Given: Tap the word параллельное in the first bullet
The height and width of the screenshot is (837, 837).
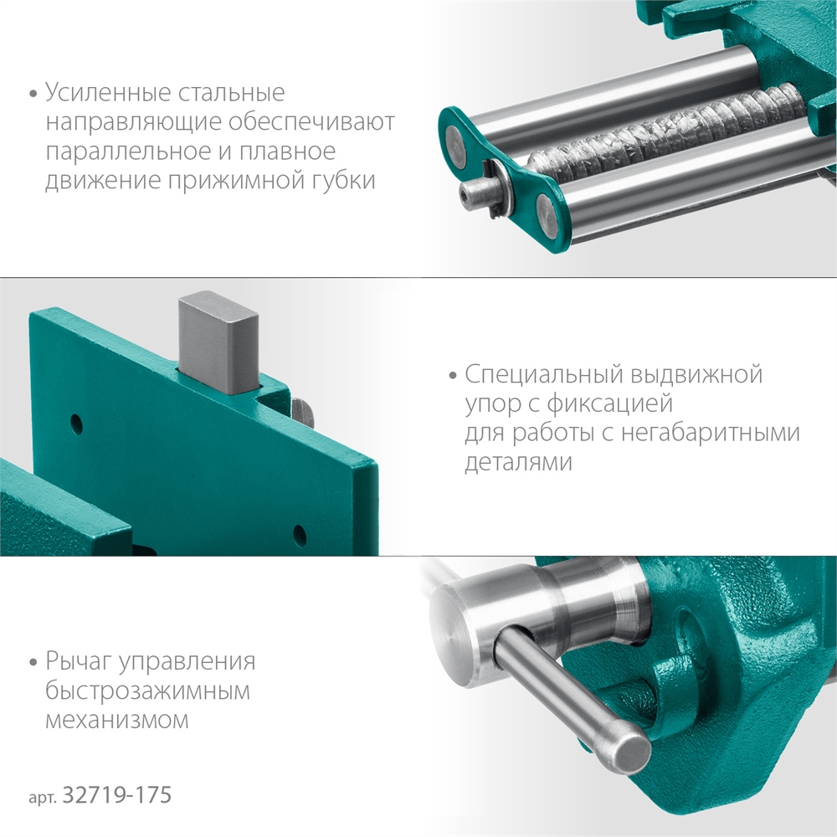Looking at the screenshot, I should (122, 152).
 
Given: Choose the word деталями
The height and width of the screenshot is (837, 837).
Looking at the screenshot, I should (518, 463).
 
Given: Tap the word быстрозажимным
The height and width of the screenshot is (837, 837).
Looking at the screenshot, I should (149, 691).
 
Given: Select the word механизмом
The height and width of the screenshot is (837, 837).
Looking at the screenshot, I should (117, 719).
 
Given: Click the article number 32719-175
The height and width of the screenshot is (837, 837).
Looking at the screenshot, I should (117, 794).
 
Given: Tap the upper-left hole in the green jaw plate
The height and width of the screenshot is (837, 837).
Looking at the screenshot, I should (75, 420).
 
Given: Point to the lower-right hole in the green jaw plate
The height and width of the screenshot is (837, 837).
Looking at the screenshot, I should (299, 532).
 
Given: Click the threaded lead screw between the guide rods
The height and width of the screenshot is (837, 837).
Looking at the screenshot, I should (670, 134).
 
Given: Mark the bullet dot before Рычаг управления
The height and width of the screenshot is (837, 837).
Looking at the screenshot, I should (33, 663).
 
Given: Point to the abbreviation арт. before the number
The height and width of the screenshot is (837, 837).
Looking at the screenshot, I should (44, 796).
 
